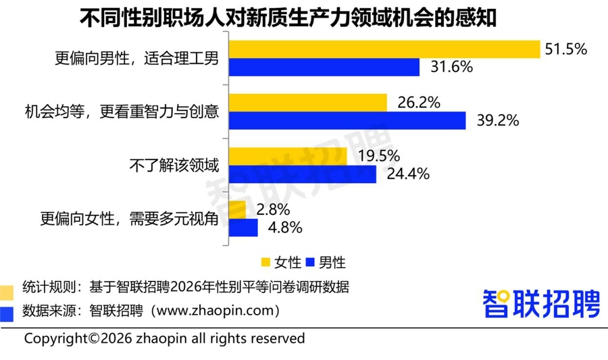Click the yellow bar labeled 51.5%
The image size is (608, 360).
[x=385, y=49]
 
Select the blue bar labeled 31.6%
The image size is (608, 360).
[x=324, y=68]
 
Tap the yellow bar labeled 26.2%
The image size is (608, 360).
[x=308, y=103]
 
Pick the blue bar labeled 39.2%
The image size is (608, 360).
[x=347, y=121]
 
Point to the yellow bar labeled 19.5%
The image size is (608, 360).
[x=288, y=156]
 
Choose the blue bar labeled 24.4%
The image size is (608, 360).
[x=303, y=174]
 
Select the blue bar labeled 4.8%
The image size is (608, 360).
[x=244, y=228]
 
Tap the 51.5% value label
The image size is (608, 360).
[x=566, y=49]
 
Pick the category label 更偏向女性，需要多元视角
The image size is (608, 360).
[x=130, y=219]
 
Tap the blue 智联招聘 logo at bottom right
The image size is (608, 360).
[x=541, y=303]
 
